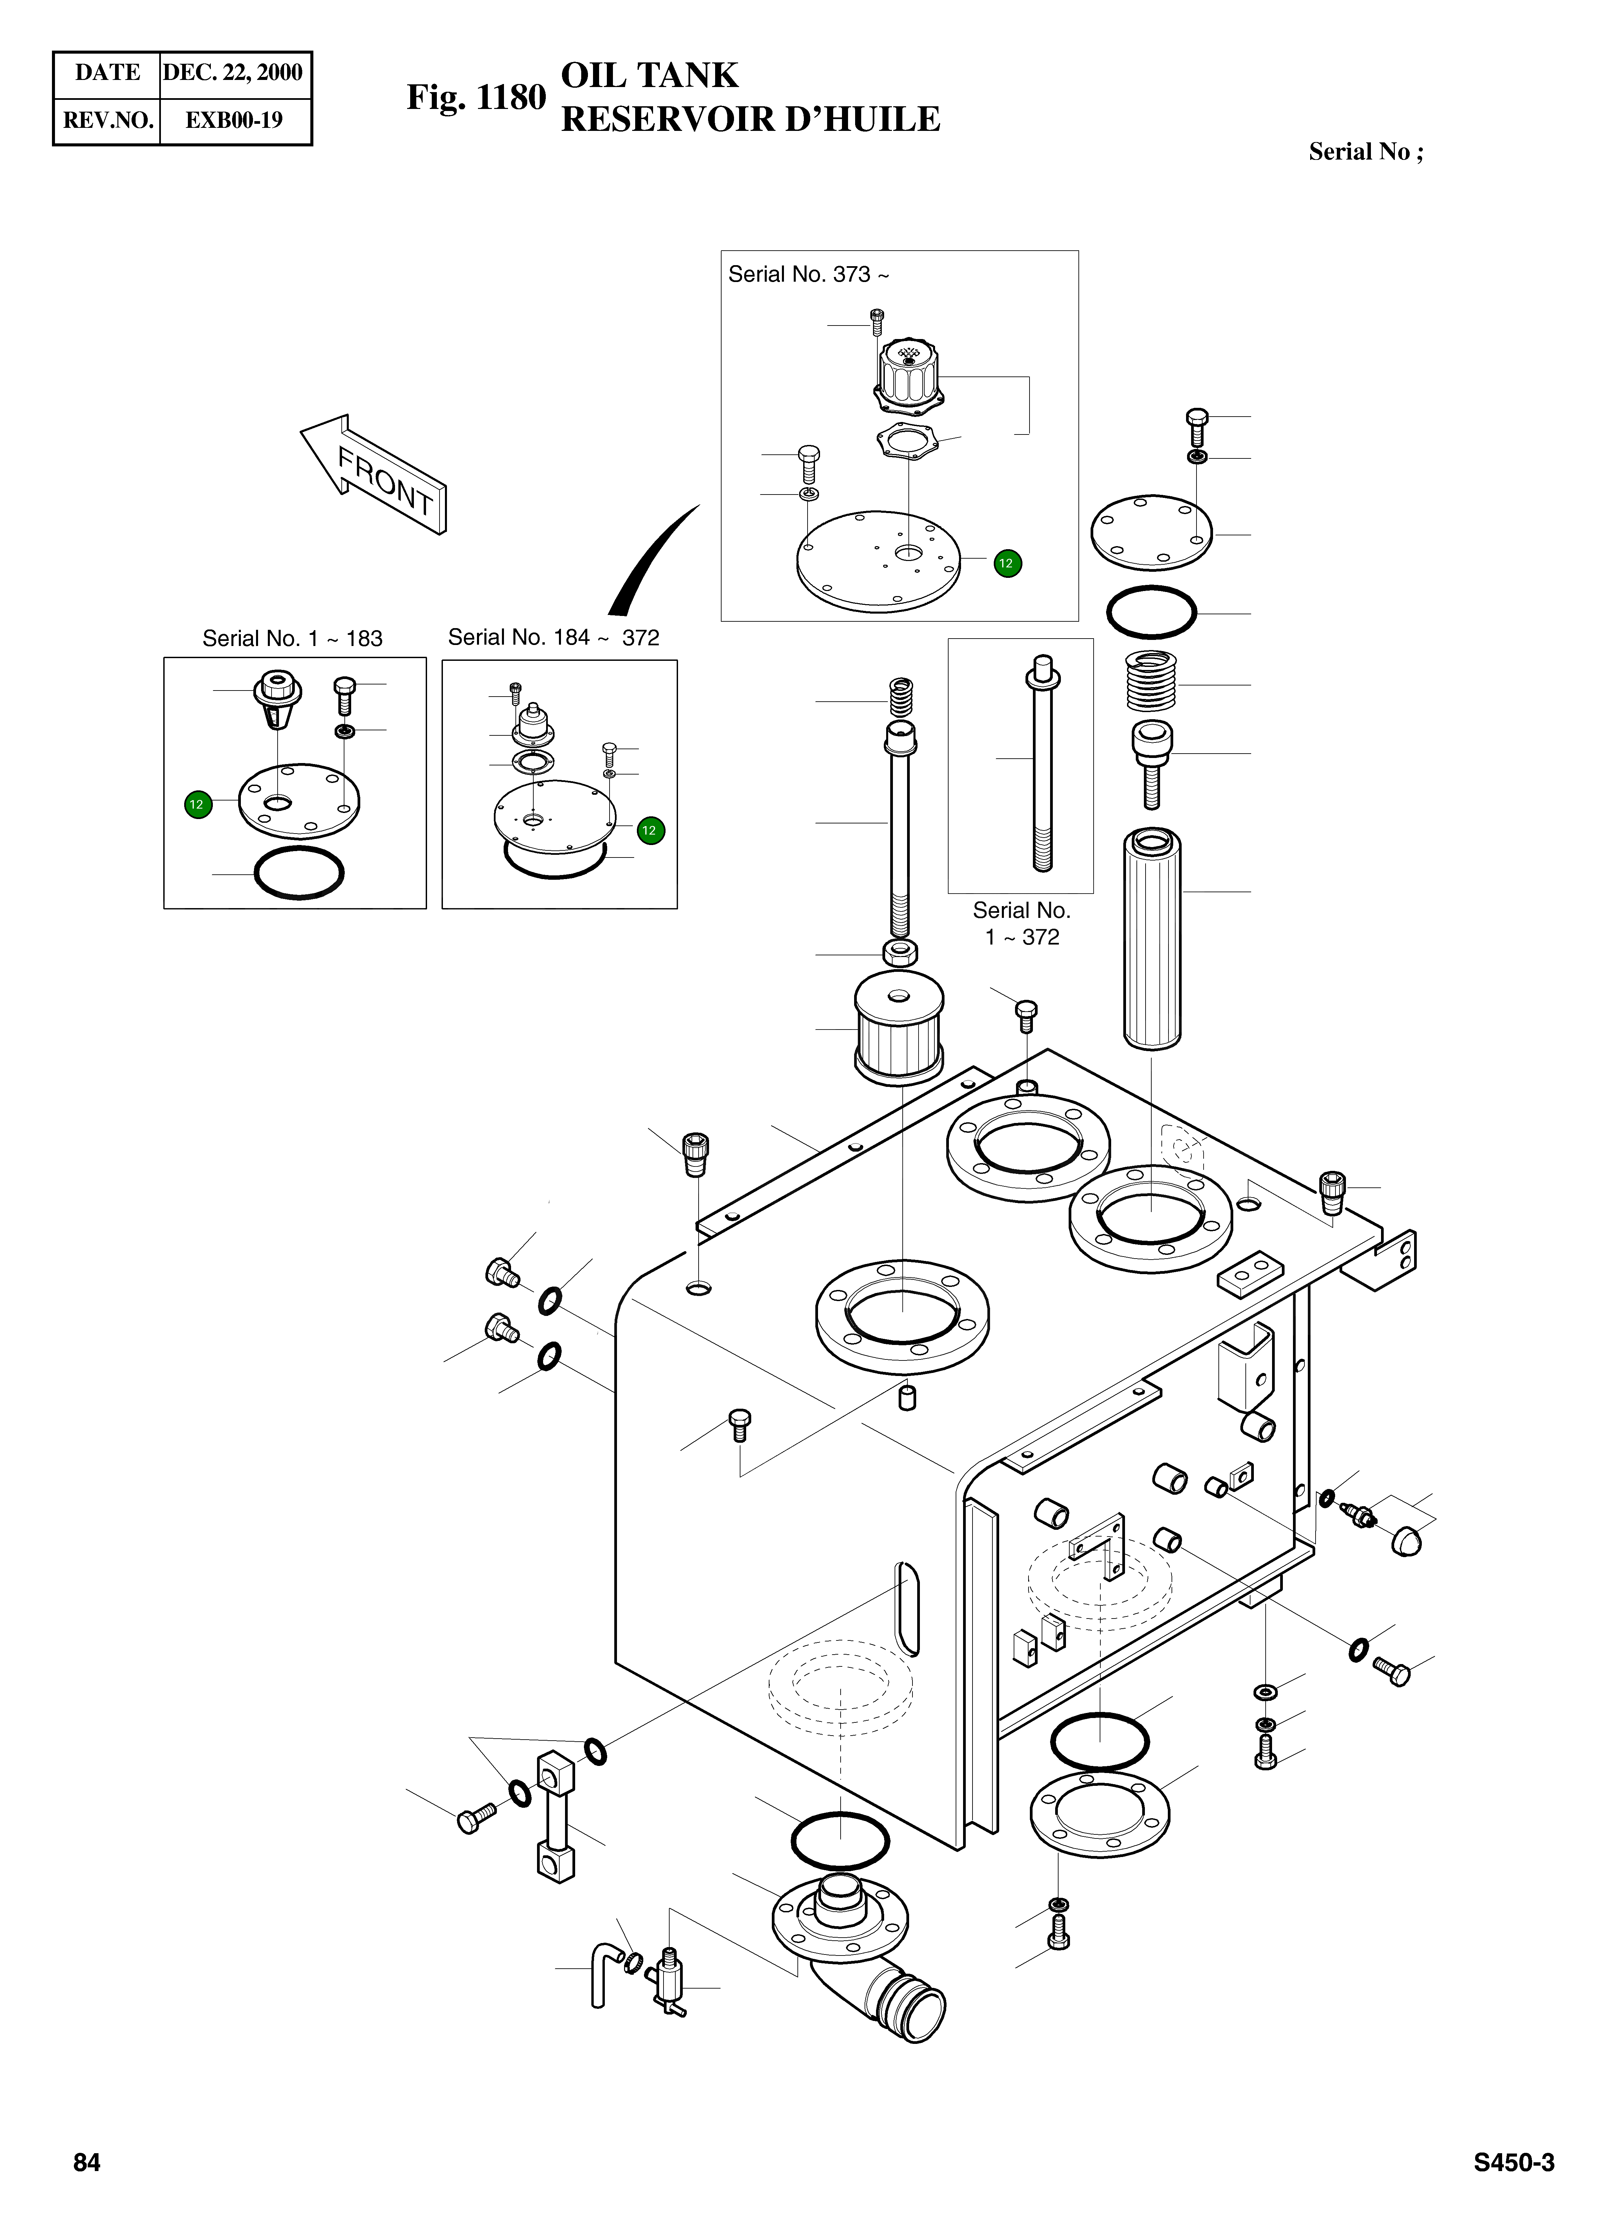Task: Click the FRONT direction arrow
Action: point(377,473)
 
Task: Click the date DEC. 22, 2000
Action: point(233,73)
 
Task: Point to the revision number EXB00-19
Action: point(234,120)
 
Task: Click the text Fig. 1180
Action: point(476,98)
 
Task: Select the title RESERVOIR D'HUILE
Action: point(750,119)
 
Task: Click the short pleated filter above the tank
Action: point(899,1029)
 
